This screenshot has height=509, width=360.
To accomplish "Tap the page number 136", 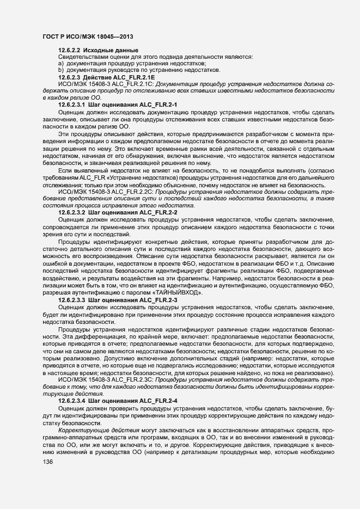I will coord(47,462).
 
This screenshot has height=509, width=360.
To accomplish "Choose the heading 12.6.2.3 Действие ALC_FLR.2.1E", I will coord(99,77).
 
